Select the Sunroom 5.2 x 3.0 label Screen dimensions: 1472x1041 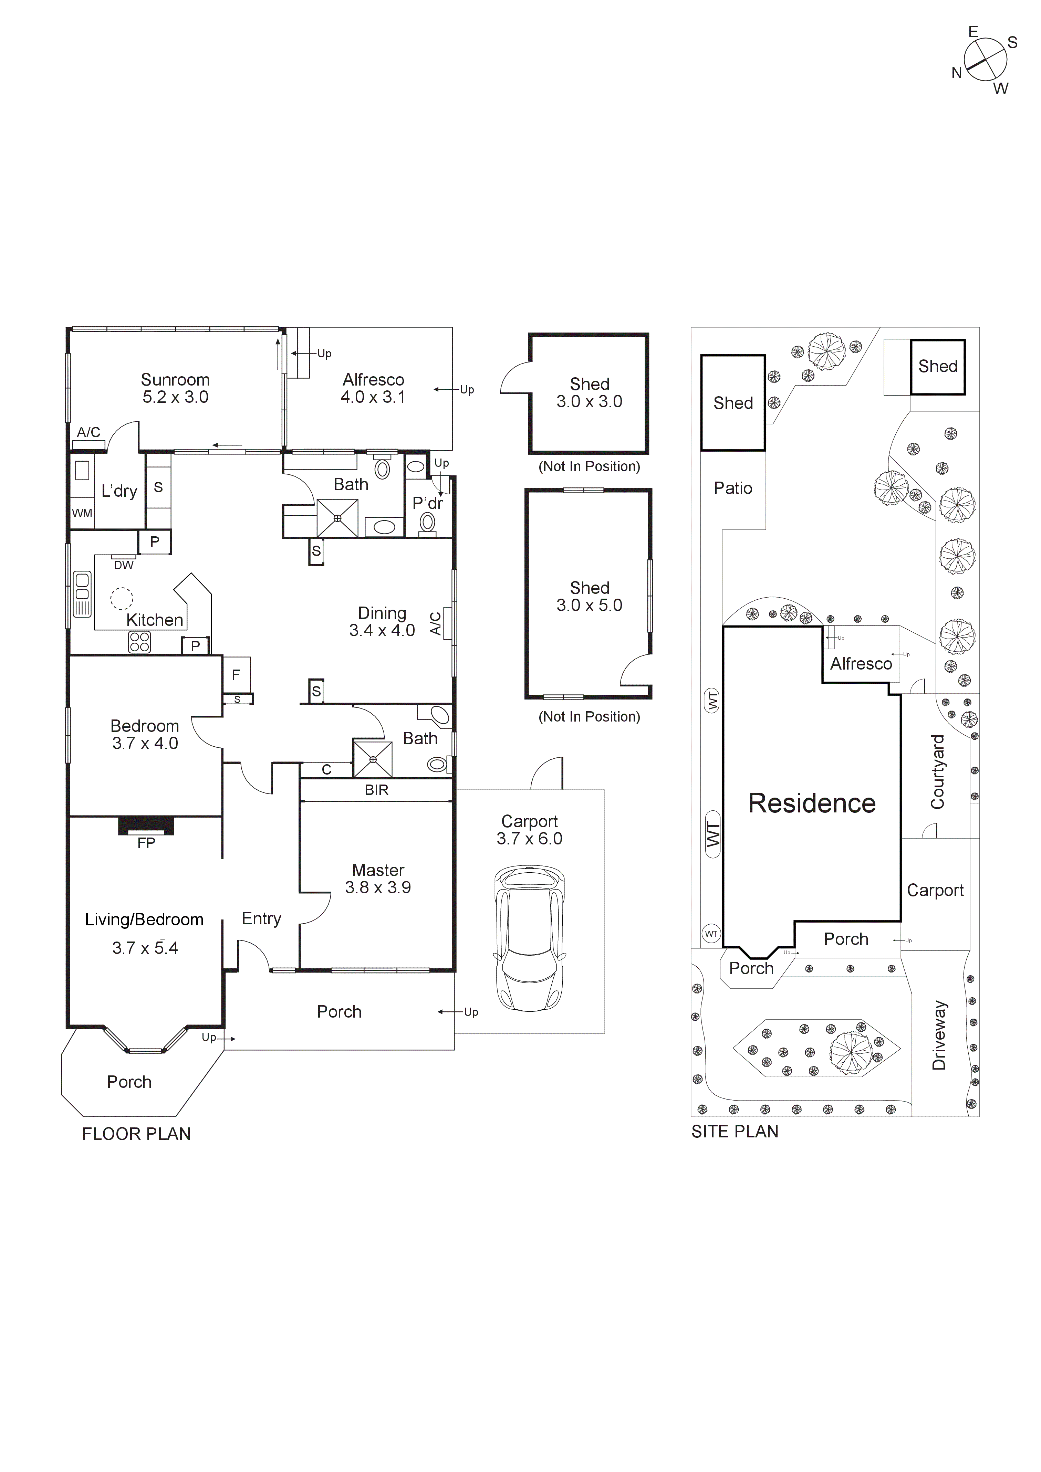pos(175,389)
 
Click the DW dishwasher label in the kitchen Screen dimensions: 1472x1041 pos(124,565)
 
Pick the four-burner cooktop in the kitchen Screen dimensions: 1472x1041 pos(139,642)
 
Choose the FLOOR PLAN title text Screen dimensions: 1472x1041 pos(136,1134)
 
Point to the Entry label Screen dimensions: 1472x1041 pos(261,919)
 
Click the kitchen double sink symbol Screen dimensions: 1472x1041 pos(82,594)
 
